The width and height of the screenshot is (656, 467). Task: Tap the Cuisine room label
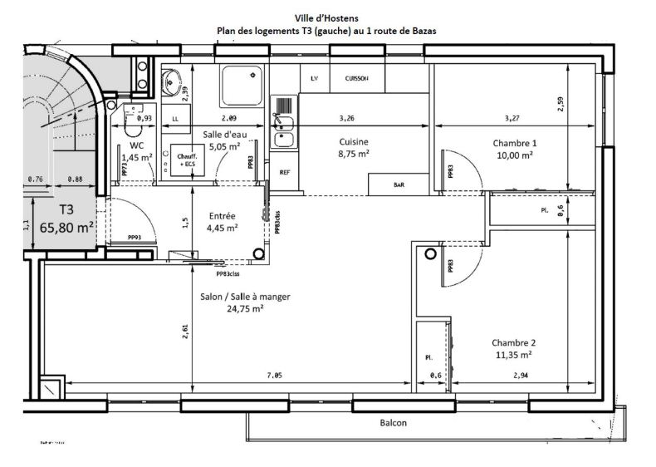(354, 142)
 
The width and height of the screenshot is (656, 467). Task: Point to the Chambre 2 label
(514, 342)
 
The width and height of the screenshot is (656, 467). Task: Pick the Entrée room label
(221, 214)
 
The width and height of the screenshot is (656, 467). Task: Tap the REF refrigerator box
(285, 173)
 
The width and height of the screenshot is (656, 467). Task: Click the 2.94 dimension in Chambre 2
(521, 376)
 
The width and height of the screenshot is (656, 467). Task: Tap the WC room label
(137, 145)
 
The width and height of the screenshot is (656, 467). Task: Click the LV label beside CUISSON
(315, 79)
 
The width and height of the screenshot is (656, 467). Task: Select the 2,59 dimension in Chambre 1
(561, 104)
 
